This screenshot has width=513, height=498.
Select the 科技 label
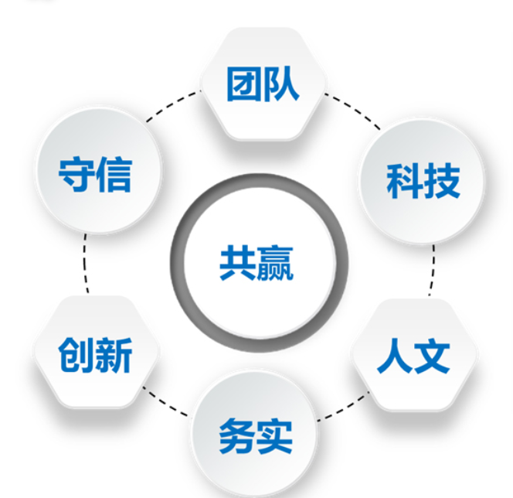click(423, 180)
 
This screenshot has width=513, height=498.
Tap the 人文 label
click(413, 356)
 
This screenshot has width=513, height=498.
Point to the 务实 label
click(256, 437)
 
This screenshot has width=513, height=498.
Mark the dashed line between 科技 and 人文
click(433, 271)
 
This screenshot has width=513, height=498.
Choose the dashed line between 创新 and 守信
click(85, 267)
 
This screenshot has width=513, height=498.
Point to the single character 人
click(394, 356)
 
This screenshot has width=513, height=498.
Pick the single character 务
click(236, 437)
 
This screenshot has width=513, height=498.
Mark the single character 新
click(114, 356)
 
